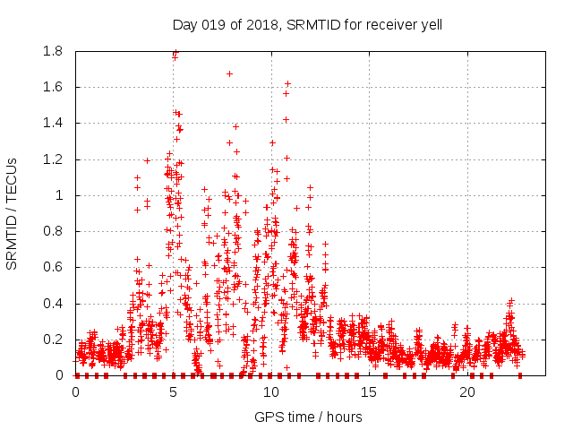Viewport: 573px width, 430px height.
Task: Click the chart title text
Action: pos(307,24)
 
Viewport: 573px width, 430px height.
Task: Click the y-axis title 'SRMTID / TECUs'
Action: pos(13,214)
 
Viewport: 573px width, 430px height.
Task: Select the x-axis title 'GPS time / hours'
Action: pos(308,417)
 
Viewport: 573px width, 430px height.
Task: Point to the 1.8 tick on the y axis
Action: pos(53,51)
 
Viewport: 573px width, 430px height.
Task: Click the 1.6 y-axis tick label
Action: pos(53,87)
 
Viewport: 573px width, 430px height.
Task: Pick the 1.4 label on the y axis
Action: pos(53,123)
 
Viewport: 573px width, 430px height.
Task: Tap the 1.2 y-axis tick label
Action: pos(53,159)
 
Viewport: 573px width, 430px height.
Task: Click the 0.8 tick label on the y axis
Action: pos(53,231)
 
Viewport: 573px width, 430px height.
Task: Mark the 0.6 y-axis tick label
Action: pos(53,267)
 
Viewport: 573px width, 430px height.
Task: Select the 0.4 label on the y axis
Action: pos(53,304)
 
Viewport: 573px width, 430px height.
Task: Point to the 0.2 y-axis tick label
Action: pos(53,340)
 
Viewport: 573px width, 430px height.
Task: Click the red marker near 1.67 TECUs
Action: pos(229,73)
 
